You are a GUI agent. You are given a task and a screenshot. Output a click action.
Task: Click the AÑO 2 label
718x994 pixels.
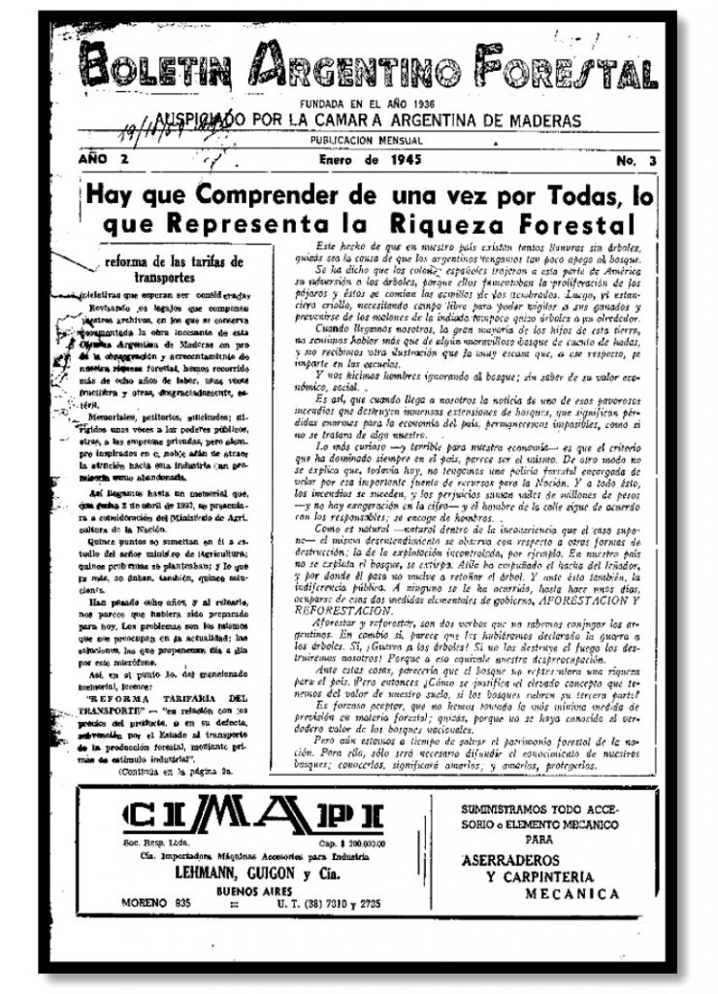tap(103, 158)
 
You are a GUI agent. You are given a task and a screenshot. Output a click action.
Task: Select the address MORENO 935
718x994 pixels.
tap(159, 905)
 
